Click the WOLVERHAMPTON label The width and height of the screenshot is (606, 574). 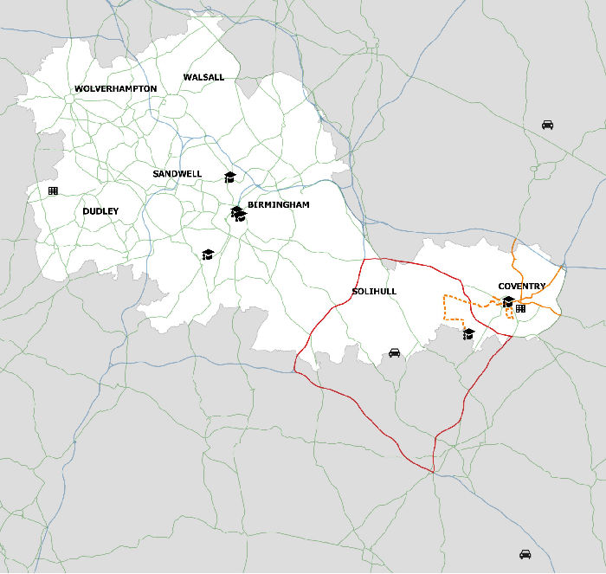point(116,89)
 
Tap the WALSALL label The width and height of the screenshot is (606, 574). point(203,78)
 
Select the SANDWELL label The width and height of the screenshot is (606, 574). point(177,174)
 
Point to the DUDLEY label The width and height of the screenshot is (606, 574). point(100,211)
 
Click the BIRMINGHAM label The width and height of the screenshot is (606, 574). point(279,205)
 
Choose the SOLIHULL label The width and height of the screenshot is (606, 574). point(374,292)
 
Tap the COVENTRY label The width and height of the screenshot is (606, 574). point(522,287)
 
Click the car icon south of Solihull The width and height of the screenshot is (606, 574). point(394,352)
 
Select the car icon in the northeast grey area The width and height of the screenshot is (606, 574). point(547,125)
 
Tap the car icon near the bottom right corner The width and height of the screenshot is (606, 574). point(525,554)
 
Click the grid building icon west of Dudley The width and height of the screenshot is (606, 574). point(53,190)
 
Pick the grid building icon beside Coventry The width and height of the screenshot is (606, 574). point(520,308)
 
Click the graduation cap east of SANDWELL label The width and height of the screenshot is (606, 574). point(230,177)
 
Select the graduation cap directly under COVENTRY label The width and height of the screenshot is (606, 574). point(508,301)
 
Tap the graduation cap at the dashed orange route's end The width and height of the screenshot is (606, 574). point(468,333)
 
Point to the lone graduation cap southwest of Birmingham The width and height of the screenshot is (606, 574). point(208,255)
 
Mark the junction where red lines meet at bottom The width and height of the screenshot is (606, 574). point(433,471)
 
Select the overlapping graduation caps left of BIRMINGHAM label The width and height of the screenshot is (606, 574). point(237,213)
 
